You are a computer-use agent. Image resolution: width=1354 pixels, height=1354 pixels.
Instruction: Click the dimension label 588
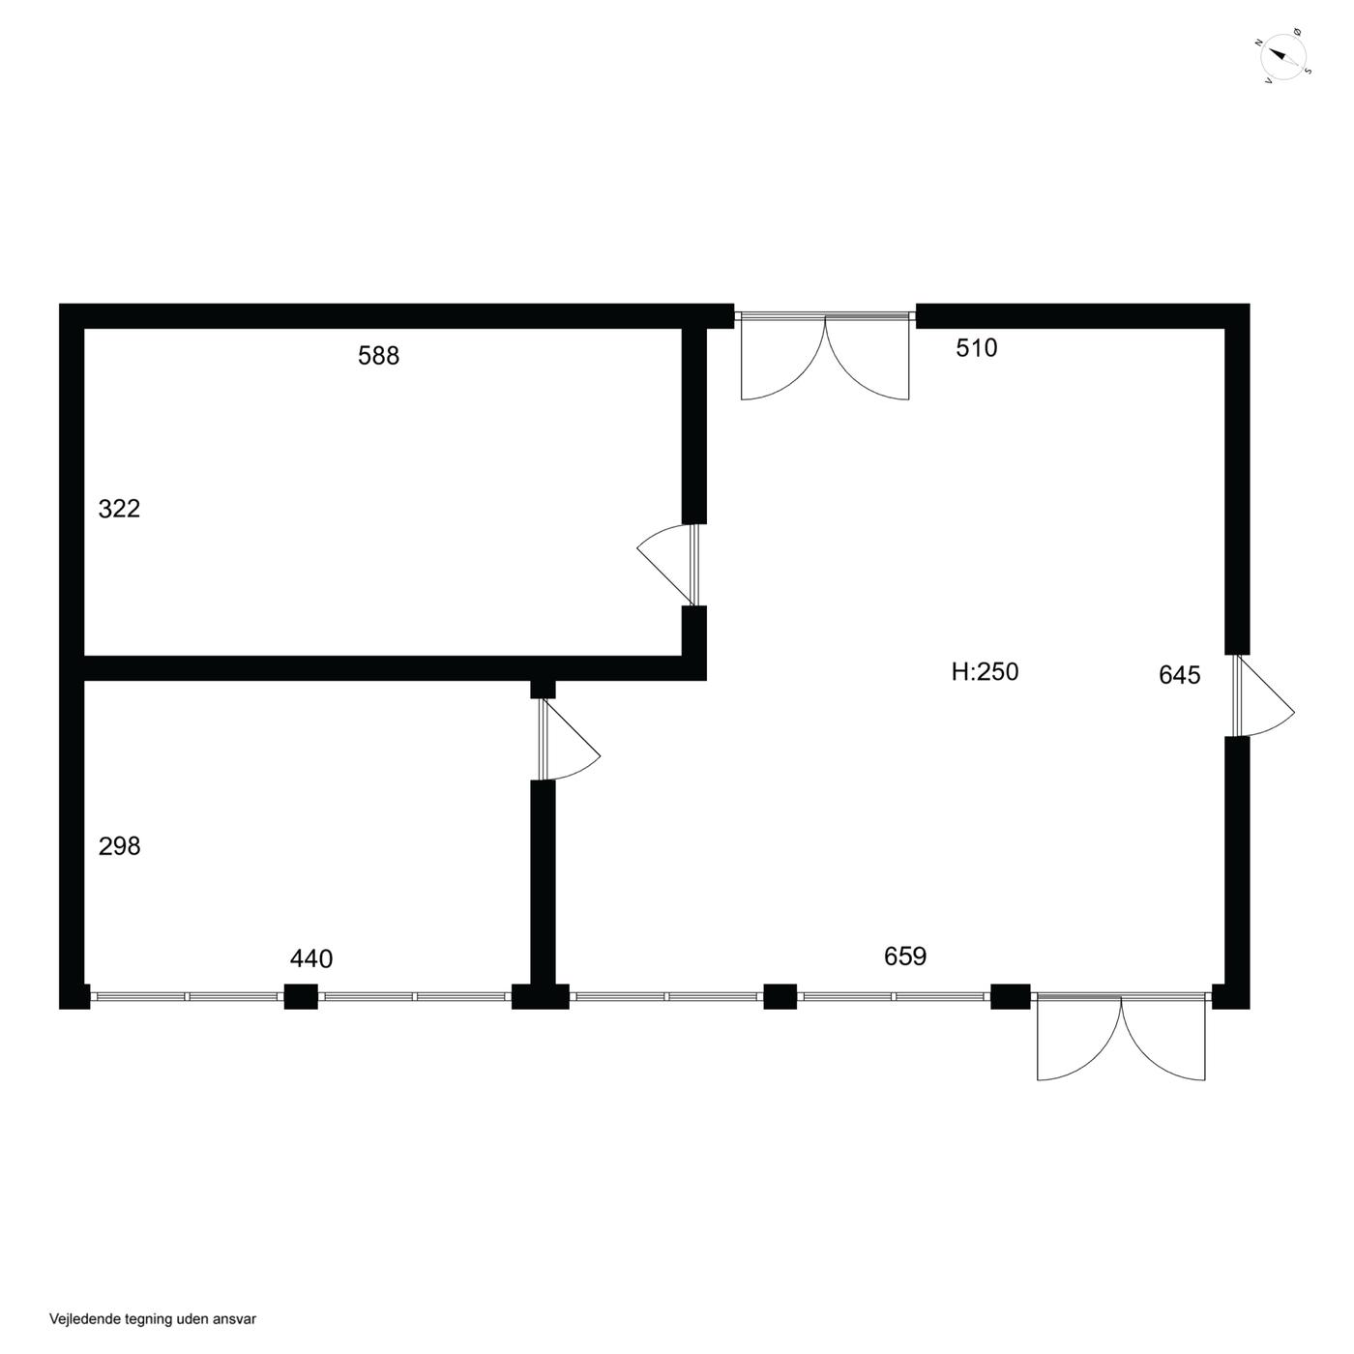click(x=378, y=356)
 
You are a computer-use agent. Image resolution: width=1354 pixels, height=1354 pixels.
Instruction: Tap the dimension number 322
click(x=120, y=508)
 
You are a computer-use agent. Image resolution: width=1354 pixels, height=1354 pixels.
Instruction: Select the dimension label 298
click(x=120, y=846)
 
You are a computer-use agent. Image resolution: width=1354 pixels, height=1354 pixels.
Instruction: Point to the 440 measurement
click(x=311, y=958)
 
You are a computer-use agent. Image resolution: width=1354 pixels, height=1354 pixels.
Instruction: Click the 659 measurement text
click(x=905, y=956)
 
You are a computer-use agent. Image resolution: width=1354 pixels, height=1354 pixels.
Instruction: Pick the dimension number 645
click(x=1180, y=674)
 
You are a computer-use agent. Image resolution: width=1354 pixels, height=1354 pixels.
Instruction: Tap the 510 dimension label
click(x=977, y=347)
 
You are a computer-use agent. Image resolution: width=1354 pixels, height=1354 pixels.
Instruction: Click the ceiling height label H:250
click(x=985, y=672)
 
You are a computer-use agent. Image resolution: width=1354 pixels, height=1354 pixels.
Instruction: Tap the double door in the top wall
click(x=825, y=356)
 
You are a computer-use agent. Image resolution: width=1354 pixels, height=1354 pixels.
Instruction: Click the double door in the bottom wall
click(x=1121, y=1037)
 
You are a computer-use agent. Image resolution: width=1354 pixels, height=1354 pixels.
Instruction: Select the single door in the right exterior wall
click(x=1263, y=695)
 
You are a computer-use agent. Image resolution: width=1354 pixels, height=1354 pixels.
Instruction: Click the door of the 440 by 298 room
click(x=569, y=739)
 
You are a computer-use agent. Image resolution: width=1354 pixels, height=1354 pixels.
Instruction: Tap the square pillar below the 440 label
click(x=301, y=996)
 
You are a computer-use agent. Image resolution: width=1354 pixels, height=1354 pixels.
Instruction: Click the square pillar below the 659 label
click(x=780, y=996)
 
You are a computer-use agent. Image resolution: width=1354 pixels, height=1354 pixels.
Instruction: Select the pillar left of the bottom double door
click(x=1011, y=996)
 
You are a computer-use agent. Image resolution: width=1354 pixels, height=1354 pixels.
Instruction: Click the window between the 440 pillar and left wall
click(x=187, y=996)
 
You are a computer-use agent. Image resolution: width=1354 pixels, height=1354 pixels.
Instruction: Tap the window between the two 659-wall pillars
click(x=894, y=996)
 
